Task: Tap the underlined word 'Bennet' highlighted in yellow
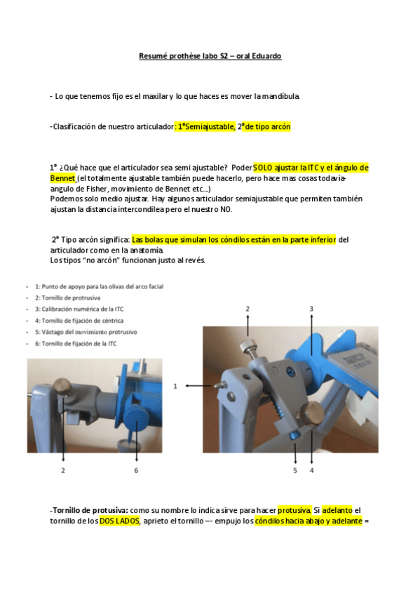[63, 179]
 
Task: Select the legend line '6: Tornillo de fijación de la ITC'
[81, 343]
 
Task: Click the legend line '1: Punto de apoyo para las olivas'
[99, 286]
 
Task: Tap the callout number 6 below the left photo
[137, 470]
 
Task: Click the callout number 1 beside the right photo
[175, 385]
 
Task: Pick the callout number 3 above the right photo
[311, 308]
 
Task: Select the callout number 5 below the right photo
[295, 470]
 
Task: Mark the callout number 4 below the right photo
[311, 470]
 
